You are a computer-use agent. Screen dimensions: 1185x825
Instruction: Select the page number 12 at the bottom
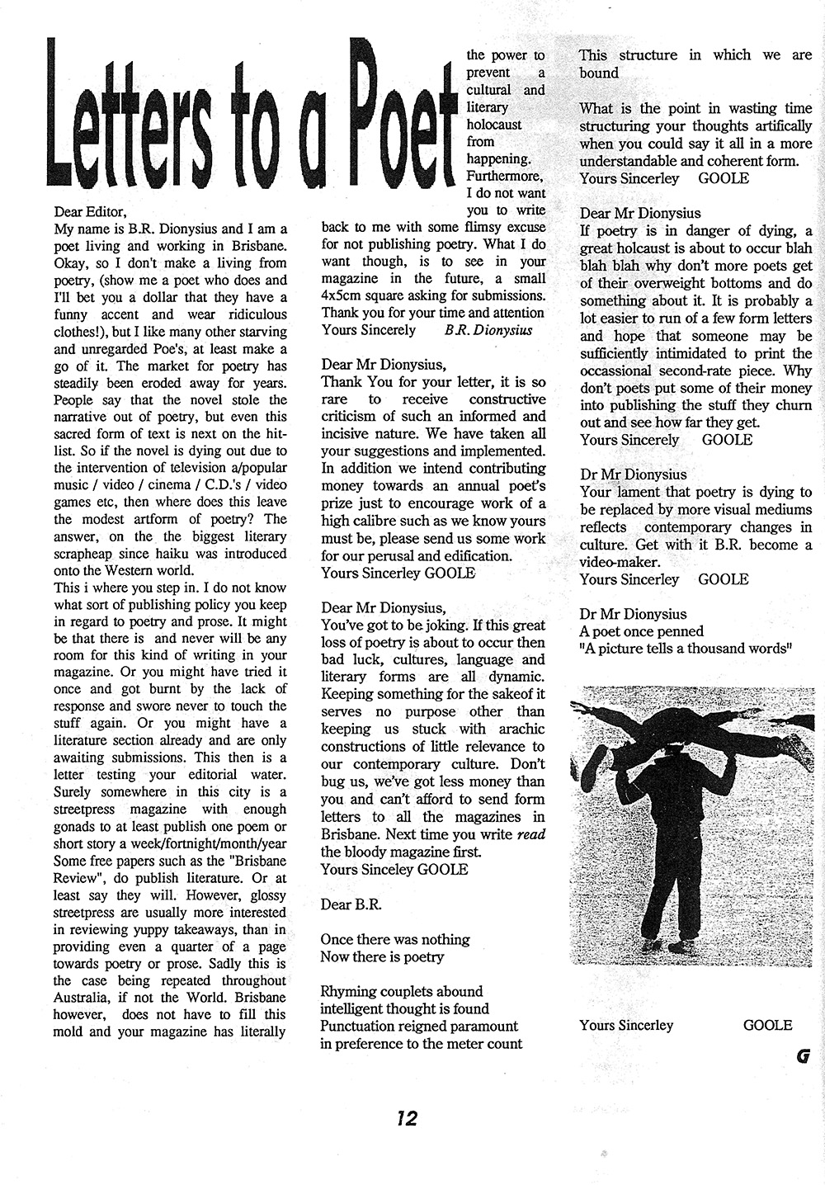tap(406, 1118)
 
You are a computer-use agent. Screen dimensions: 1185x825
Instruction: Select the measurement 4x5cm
tap(351, 295)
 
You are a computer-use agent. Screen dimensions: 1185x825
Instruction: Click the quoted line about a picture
tap(686, 649)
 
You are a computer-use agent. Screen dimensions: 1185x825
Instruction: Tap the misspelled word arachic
tap(517, 729)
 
